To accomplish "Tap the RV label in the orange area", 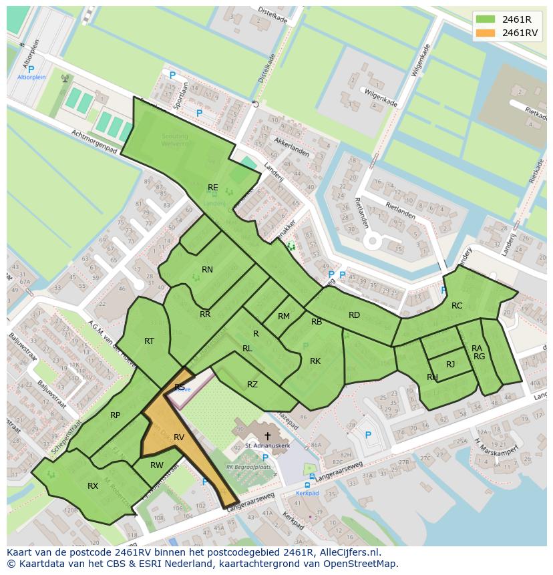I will click(x=179, y=437).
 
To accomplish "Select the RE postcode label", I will click(x=212, y=188).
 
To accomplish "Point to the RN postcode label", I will click(x=207, y=270).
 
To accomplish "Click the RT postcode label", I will click(x=149, y=341).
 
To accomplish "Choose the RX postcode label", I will click(x=93, y=486).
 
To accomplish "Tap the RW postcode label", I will click(x=157, y=465).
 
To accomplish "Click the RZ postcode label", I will click(x=252, y=384).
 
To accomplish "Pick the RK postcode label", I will click(x=315, y=361).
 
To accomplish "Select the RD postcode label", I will click(x=354, y=315).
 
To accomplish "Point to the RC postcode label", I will click(x=457, y=306).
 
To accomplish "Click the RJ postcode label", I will click(x=450, y=365).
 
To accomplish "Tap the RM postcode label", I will click(x=284, y=317).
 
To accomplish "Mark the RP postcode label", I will click(x=116, y=415).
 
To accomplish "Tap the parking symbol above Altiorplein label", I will click(x=31, y=69).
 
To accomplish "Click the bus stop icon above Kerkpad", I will click(x=307, y=485).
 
